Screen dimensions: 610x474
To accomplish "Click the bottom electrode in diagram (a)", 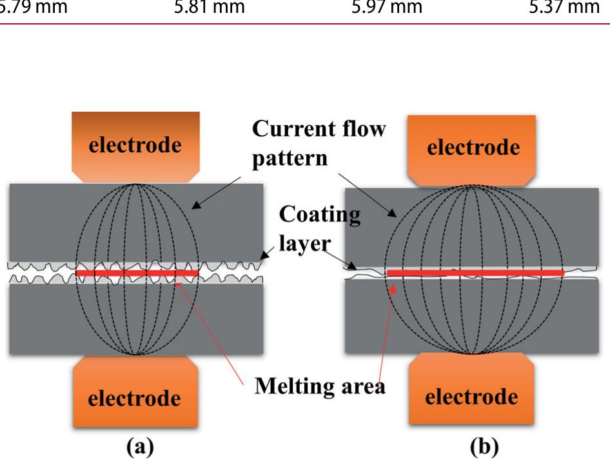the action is [x=136, y=391].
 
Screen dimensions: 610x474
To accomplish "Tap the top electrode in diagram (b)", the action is [x=471, y=150].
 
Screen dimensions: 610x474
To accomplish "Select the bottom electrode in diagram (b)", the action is [x=471, y=388].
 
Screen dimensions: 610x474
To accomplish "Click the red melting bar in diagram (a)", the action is [x=137, y=273].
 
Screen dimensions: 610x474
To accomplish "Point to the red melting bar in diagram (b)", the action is [x=475, y=273].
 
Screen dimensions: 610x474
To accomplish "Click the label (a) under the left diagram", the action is [x=140, y=447].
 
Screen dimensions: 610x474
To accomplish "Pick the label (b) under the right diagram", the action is [x=484, y=447].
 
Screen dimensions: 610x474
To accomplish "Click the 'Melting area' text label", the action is [x=320, y=386].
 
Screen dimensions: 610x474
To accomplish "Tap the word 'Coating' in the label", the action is [x=320, y=214].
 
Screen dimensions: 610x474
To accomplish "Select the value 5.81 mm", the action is [x=210, y=7].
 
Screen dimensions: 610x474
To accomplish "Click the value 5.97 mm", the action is [x=387, y=7].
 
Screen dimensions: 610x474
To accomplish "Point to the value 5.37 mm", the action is [x=564, y=7].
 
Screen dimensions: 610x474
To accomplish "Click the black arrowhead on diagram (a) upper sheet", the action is [x=197, y=205].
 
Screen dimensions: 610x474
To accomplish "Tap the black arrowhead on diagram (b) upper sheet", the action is [x=392, y=213].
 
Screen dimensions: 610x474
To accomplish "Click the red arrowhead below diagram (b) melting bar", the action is [x=393, y=288].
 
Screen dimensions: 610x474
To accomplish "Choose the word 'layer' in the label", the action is [x=304, y=244].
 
